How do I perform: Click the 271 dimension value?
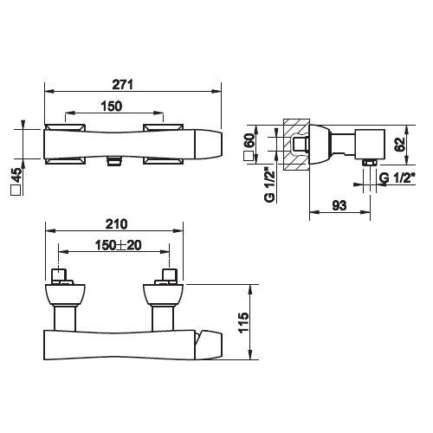click(x=123, y=85)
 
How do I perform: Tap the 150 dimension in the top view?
click(x=112, y=107)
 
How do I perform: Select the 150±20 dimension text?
click(x=119, y=245)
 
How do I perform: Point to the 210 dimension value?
click(x=116, y=224)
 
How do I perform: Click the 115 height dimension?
click(x=243, y=322)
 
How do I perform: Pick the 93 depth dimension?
click(x=339, y=205)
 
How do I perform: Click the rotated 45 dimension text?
click(x=16, y=175)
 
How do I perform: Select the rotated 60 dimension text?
click(x=249, y=140)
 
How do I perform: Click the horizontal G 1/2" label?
click(x=397, y=178)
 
